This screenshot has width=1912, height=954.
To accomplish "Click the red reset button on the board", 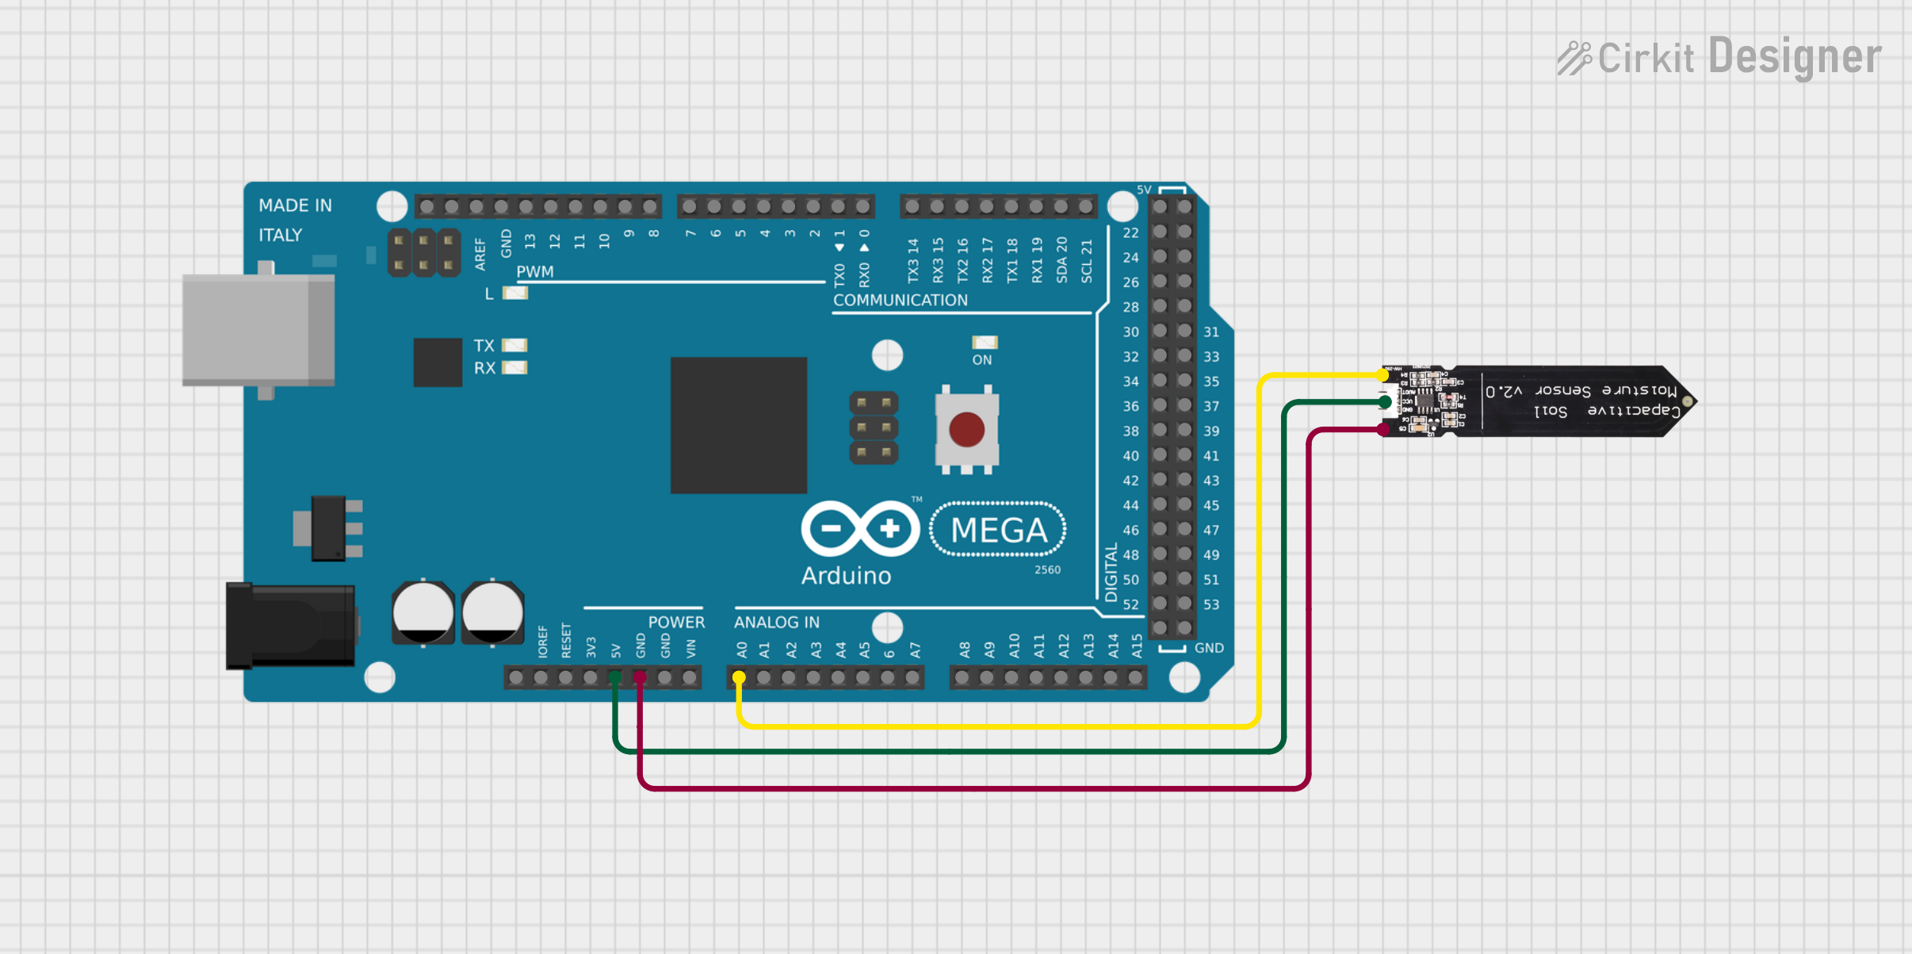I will pyautogui.click(x=966, y=430).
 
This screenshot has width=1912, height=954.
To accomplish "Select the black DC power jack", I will pyautogui.click(x=290, y=626).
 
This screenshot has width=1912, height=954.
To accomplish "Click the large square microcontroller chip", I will pyautogui.click(x=738, y=425).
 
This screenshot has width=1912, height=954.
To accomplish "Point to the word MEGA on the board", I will pyautogui.click(x=998, y=531).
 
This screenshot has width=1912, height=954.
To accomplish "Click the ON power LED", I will pyautogui.click(x=985, y=343).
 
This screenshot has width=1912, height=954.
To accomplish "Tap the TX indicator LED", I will pyautogui.click(x=514, y=346).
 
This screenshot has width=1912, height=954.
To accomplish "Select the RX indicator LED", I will pyautogui.click(x=514, y=368).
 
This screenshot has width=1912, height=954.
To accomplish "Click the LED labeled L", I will pyautogui.click(x=515, y=293).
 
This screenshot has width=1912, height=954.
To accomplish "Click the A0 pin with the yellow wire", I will pyautogui.click(x=739, y=677).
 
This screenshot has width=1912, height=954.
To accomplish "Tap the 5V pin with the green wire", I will pyautogui.click(x=615, y=677).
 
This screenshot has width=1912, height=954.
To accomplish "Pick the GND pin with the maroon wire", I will pyautogui.click(x=640, y=677).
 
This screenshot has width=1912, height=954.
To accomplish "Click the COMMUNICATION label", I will pyautogui.click(x=900, y=301).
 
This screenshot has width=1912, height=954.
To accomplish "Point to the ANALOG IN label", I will pyautogui.click(x=776, y=623).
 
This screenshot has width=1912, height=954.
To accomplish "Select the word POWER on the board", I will pyautogui.click(x=676, y=623).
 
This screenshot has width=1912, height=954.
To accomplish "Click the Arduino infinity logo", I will pyautogui.click(x=860, y=528).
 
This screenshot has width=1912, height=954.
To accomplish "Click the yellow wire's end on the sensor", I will pyautogui.click(x=1384, y=375).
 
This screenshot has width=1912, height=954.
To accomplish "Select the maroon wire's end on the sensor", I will pyautogui.click(x=1384, y=430).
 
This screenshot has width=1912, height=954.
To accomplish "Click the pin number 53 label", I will pyautogui.click(x=1211, y=604).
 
